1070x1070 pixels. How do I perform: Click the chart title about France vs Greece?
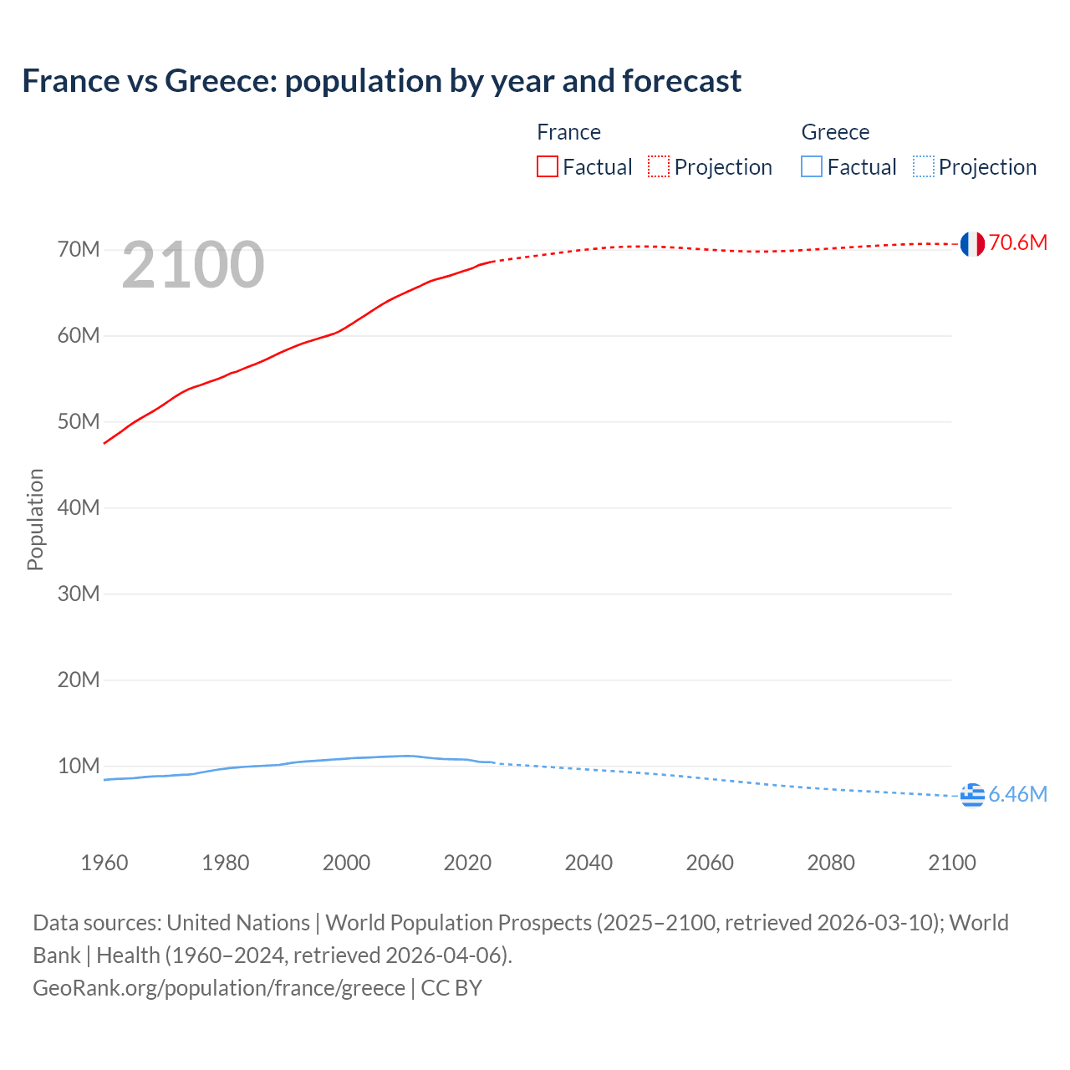click(x=381, y=81)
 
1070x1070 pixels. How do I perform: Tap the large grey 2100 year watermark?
click(x=193, y=265)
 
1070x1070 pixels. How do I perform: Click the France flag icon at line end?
click(x=972, y=244)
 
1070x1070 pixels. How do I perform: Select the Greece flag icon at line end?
click(x=972, y=796)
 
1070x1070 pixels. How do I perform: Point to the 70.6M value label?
click(x=1017, y=243)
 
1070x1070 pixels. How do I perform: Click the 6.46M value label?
click(x=1017, y=794)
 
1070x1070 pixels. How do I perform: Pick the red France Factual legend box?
click(x=548, y=167)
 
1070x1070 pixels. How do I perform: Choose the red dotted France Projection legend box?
click(x=659, y=167)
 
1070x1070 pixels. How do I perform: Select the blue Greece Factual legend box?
click(x=812, y=167)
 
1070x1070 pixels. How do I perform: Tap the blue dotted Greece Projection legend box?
click(x=924, y=167)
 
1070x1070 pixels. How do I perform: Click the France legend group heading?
click(x=568, y=132)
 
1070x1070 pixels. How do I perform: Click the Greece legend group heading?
click(x=835, y=132)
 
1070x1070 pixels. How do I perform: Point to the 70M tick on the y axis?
click(x=79, y=249)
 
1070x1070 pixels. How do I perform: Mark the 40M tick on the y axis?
click(x=79, y=507)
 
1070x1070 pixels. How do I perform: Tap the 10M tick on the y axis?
click(x=79, y=766)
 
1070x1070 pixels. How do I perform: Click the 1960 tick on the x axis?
click(x=104, y=863)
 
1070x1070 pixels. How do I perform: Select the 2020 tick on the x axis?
click(x=467, y=863)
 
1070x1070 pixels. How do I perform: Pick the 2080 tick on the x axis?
click(x=831, y=863)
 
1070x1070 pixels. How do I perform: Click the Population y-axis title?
click(x=35, y=519)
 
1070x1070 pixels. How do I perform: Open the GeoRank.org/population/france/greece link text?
click(x=219, y=988)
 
